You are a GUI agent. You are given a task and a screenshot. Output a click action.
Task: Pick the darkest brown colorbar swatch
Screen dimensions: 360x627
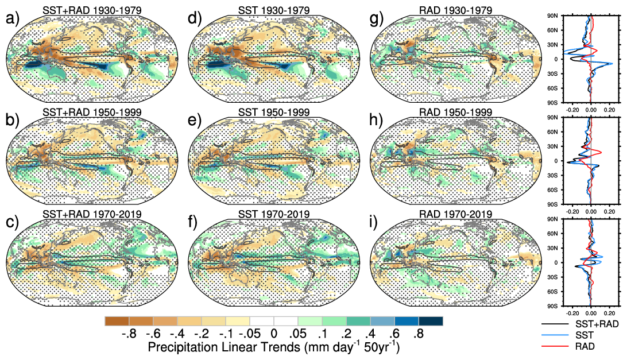coord(117,321)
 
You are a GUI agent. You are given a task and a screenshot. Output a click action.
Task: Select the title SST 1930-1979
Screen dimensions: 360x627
coord(274,10)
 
